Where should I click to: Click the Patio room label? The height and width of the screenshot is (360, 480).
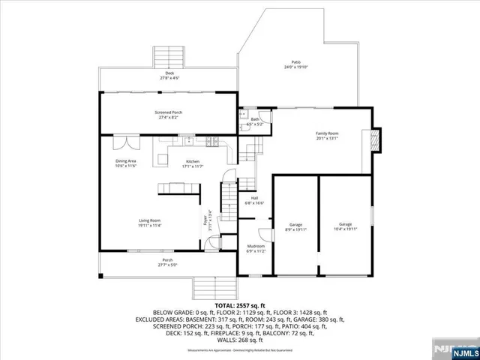[296, 64]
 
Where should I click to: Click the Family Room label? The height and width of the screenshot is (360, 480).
[326, 136]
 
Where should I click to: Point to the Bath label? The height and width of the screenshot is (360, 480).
[255, 121]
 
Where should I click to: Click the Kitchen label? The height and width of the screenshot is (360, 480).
[193, 164]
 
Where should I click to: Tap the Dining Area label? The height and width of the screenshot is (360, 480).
[125, 163]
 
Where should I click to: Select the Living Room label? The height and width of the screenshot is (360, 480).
[150, 223]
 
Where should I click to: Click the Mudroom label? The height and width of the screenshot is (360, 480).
[256, 248]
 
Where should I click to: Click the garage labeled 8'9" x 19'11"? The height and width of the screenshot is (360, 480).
[295, 226]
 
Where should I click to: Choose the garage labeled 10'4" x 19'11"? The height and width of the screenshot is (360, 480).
[345, 226]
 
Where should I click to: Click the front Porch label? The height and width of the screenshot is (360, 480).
[166, 262]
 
